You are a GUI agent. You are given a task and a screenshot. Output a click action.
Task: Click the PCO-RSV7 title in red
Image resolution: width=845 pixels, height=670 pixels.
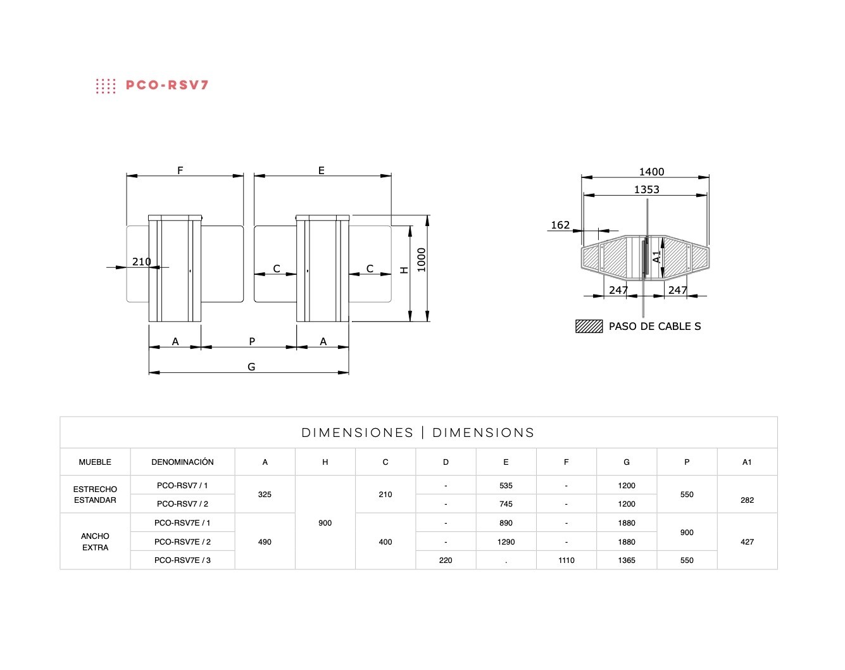coord(167,85)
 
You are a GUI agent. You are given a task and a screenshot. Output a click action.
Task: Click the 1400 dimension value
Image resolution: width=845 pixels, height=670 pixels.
coord(651,172)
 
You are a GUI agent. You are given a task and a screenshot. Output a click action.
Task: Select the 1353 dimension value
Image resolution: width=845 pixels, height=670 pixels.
coord(646,189)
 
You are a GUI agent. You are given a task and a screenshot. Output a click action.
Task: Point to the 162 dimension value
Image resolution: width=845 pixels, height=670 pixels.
coord(560,225)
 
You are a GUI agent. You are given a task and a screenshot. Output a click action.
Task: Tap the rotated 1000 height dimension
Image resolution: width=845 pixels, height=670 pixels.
coord(421,260)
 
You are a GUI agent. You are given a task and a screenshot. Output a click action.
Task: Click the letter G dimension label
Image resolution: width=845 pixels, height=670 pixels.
coord(251,367)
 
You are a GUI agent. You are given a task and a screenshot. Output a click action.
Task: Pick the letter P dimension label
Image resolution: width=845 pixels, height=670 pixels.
coord(252,341)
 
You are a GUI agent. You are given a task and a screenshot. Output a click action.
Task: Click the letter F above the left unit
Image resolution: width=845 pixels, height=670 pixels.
coord(180,170)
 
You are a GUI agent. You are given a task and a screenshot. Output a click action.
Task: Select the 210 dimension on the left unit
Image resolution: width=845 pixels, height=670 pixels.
coord(141,262)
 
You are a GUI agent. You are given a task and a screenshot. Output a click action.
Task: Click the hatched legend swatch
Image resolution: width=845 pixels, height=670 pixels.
coord(589,326)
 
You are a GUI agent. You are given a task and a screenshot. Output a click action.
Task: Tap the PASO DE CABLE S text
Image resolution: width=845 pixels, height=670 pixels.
coord(654,326)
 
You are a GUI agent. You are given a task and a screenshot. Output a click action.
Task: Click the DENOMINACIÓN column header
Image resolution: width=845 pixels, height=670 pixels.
coord(182,462)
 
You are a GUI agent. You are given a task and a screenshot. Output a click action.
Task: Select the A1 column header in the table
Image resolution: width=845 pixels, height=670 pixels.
coord(747,462)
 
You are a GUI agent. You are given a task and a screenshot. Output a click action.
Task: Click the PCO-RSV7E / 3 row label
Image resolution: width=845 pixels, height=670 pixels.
coord(182,560)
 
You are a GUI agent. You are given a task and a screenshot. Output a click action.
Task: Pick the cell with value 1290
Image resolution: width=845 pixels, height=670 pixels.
coord(506,542)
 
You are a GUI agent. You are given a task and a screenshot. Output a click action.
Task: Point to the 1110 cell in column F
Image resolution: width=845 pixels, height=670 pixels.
coord(566,560)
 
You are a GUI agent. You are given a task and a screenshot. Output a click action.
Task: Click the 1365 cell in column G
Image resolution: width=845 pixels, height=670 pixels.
coord(626,560)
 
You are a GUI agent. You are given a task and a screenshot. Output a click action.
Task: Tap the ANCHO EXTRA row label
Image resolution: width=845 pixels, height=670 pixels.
coord(95,541)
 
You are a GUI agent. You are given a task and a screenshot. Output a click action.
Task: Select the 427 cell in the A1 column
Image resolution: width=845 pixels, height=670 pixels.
coord(747,542)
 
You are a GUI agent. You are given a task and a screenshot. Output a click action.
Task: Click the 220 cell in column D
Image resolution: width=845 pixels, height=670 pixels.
coord(446,560)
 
